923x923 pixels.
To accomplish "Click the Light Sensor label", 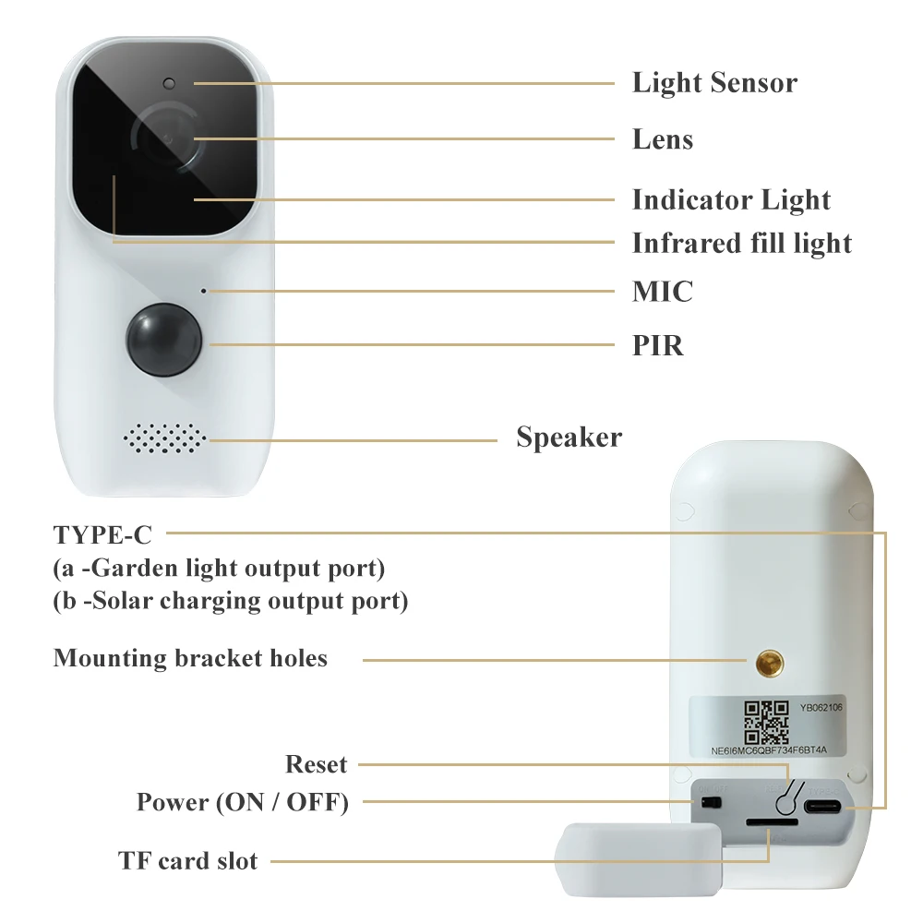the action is click(x=714, y=82).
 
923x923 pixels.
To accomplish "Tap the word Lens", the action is click(x=663, y=139).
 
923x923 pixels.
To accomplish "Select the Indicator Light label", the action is click(x=731, y=199).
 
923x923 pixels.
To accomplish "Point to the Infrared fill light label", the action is click(x=742, y=243).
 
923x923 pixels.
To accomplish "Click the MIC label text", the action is click(x=663, y=292).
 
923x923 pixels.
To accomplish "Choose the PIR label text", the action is click(x=658, y=345).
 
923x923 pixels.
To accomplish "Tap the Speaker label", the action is click(x=569, y=438).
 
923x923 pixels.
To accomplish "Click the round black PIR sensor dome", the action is click(x=163, y=341).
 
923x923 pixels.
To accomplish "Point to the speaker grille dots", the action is click(x=165, y=438).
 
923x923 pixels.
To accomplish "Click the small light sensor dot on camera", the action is click(x=169, y=84).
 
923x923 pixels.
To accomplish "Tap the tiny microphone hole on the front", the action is click(x=204, y=291).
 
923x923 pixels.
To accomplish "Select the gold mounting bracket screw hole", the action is click(x=770, y=664).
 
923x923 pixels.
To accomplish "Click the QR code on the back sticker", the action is click(x=766, y=723).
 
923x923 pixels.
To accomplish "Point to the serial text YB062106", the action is click(x=821, y=708).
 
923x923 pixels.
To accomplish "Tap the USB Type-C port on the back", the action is click(x=822, y=807).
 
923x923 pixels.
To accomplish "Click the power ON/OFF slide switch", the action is click(x=711, y=802).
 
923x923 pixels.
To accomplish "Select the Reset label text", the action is click(x=316, y=764).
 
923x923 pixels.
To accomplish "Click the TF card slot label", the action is click(x=187, y=860).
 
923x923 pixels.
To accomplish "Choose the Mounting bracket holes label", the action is click(x=190, y=658).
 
